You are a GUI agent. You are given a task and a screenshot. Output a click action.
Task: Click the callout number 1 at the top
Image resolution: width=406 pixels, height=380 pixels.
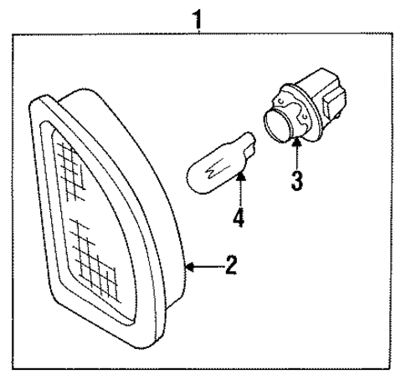click(198, 20)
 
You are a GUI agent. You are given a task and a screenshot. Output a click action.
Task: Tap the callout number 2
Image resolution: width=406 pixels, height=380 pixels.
click(231, 264)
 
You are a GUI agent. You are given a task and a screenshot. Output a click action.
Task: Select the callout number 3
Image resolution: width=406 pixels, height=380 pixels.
click(296, 181)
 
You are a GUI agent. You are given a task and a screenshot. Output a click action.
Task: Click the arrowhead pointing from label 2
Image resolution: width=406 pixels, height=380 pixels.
click(190, 267)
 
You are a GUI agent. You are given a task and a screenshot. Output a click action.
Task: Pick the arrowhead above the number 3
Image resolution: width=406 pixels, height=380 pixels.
click(297, 142)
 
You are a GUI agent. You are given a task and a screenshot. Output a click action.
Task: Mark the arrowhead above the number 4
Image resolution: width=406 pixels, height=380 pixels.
click(241, 177)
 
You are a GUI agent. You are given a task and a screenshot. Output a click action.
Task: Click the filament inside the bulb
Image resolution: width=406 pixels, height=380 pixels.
click(215, 169)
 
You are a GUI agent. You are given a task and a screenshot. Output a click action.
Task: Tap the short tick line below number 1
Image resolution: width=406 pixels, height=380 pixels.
click(198, 31)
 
